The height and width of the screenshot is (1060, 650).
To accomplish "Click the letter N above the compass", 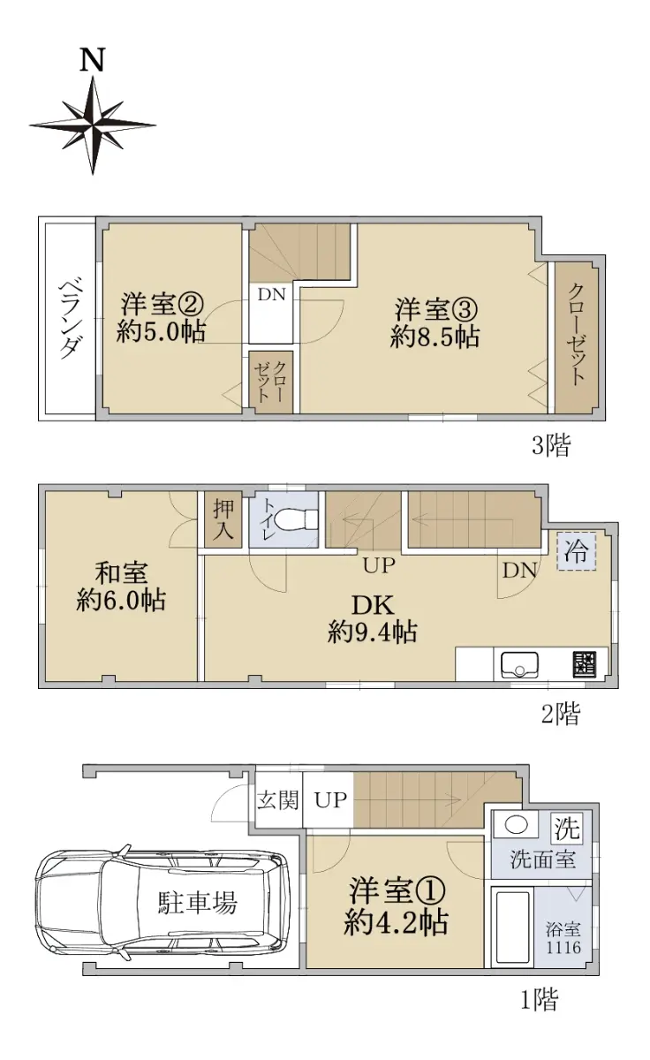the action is point(92,60).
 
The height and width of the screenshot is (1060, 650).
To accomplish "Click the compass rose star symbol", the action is point(93,125).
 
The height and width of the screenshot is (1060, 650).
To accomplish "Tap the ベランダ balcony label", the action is point(68,320).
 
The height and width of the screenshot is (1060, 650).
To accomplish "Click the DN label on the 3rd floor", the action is point(271,295).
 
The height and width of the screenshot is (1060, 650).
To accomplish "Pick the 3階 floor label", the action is point(551,445).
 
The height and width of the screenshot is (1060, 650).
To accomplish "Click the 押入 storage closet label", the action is point(223,519).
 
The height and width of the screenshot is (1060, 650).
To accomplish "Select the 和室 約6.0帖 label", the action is point(121,587).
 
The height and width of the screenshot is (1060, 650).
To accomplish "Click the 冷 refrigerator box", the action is point(576,551).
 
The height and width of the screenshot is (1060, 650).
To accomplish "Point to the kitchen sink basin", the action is point(519,665).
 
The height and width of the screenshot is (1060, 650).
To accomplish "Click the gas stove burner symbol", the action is point(585,665).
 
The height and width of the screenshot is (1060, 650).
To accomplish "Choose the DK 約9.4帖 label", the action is point(373,618).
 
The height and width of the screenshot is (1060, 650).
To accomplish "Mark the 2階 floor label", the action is point(560,714).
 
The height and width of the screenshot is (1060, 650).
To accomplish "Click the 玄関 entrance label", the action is point(278,799).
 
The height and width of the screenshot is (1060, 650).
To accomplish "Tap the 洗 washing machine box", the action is point(567,829).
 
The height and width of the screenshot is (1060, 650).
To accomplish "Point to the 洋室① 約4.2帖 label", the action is point(397,906).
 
